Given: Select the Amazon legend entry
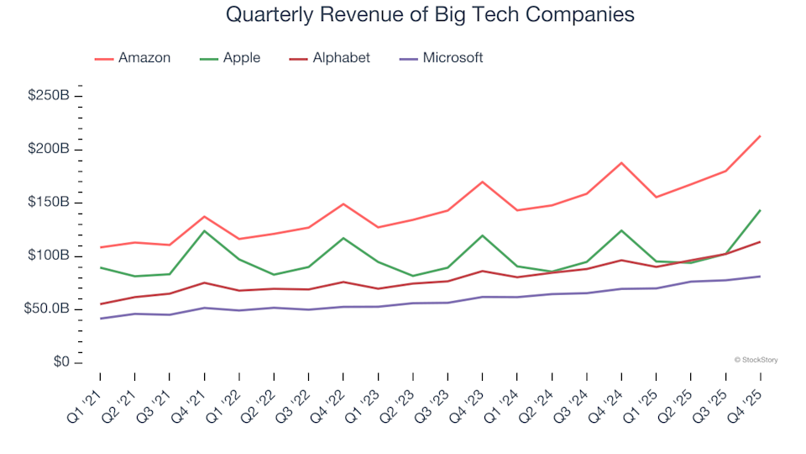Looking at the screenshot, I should pos(144,58).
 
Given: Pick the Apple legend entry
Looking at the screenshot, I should pos(241,58).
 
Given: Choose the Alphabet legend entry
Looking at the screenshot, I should pos(341,58).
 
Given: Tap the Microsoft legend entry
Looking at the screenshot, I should pos(453,58).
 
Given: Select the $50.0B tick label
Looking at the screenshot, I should pos(45,309).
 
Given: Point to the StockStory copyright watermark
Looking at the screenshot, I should pos(756,360).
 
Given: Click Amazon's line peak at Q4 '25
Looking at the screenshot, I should pos(760,136).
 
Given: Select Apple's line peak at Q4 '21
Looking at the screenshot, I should pos(204,230).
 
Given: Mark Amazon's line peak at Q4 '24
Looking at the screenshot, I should pos(621,163).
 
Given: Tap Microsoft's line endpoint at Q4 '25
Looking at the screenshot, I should pos(760,277).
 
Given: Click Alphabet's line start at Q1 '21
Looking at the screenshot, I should pos(101,304).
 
